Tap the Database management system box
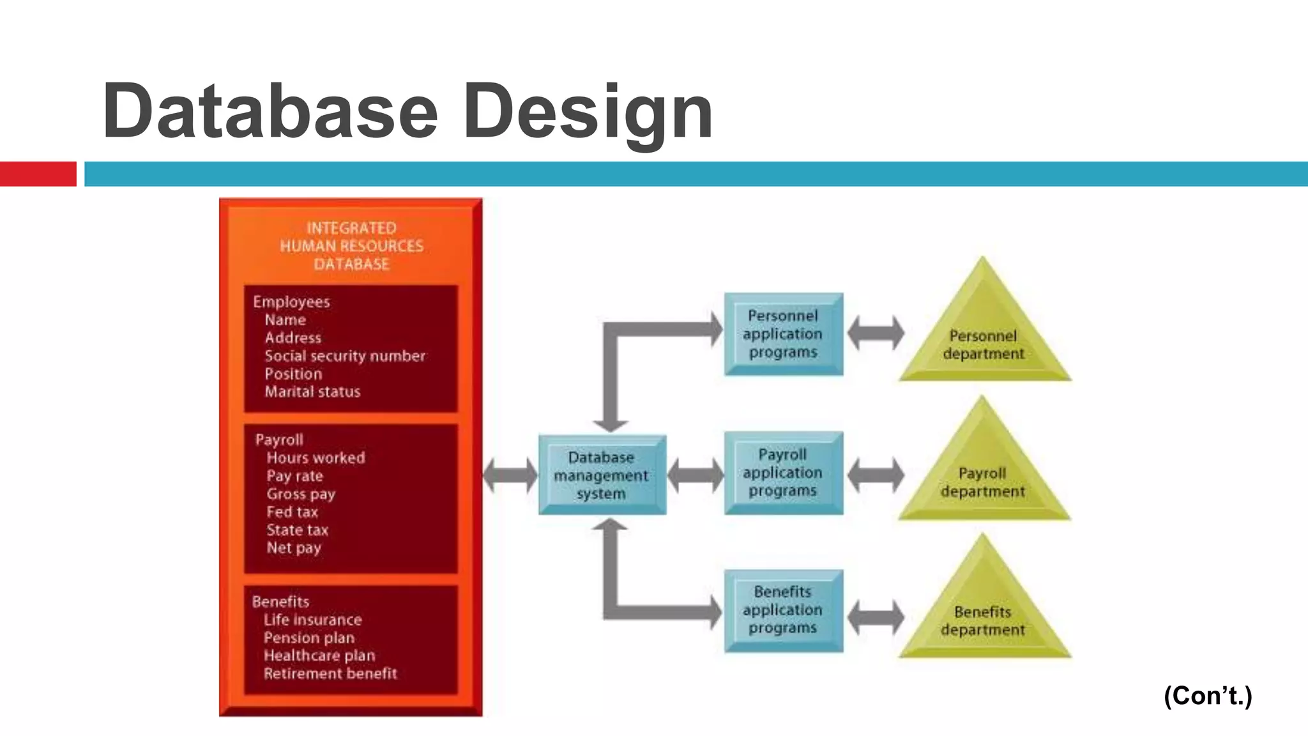pos(602,475)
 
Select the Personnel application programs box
pos(783,334)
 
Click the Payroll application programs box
pos(783,473)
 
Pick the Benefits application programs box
pos(783,610)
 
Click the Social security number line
pos(345,356)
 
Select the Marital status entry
pos(312,392)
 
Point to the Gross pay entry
pos(301,494)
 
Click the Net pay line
pos(294,548)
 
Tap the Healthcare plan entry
pos(319,655)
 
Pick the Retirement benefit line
pos(330,673)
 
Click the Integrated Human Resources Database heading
pos(351,246)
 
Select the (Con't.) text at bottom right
pos(1208,696)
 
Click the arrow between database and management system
pos(510,475)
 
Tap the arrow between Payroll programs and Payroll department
pos(876,475)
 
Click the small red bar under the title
pos(38,174)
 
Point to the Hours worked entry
pos(316,458)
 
